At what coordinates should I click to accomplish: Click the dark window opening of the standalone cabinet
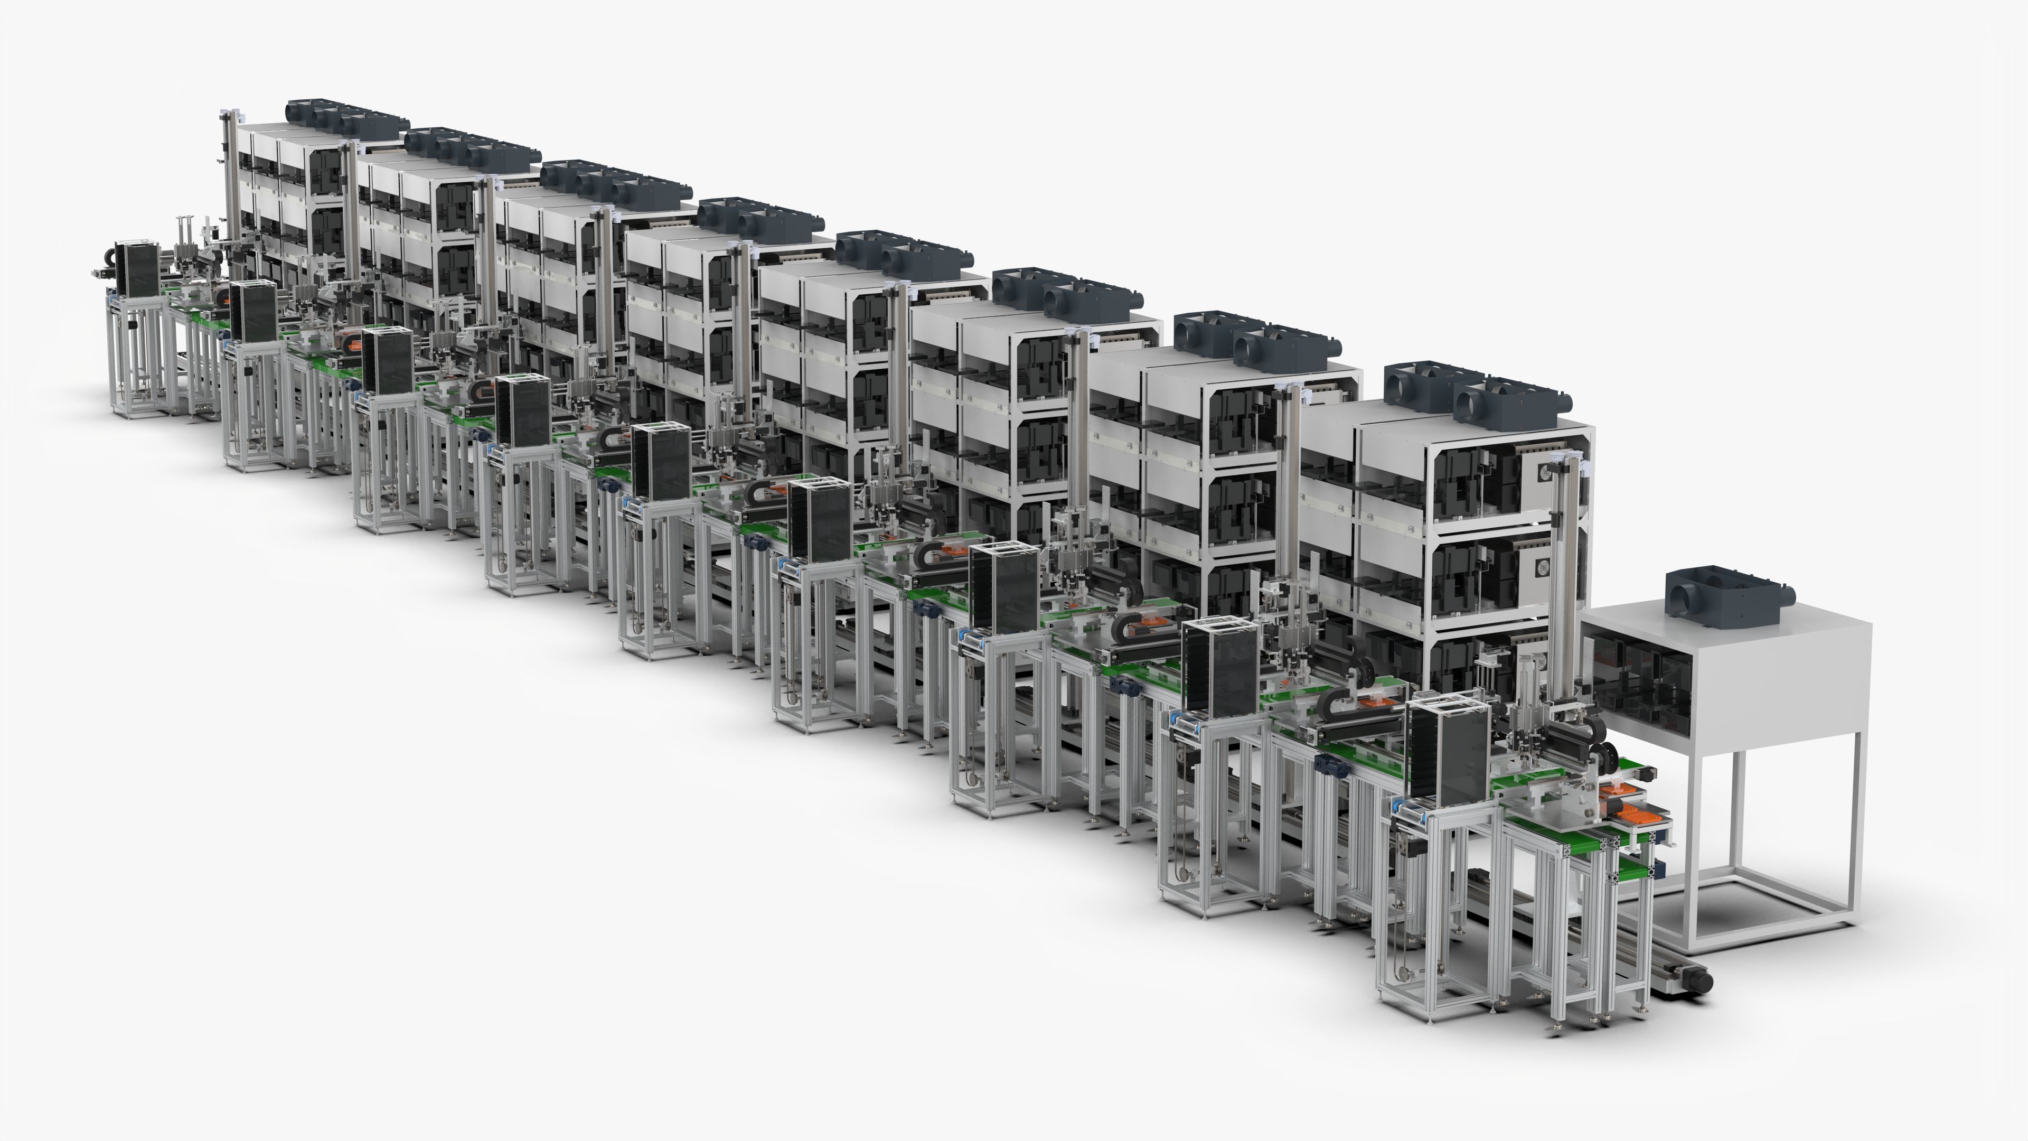tap(1638, 684)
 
